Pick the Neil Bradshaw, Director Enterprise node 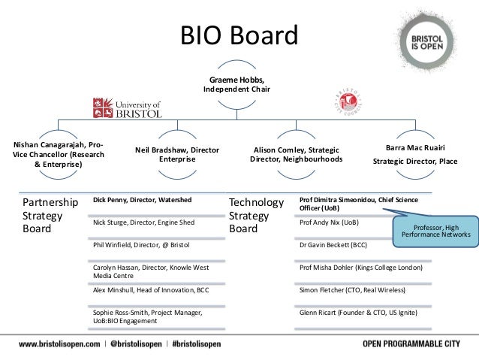click(177, 155)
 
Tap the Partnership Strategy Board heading click(50, 216)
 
